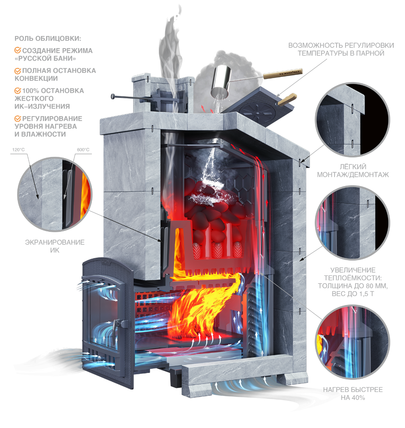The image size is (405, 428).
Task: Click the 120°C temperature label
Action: (18, 150)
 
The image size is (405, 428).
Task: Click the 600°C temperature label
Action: (83, 150)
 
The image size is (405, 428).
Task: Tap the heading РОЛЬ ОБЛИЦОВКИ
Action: (48, 38)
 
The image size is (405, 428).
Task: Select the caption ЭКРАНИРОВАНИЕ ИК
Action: (55, 246)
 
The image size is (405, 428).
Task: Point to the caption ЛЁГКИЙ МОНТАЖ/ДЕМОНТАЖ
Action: (353, 171)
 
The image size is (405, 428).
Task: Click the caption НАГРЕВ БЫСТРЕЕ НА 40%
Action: (353, 393)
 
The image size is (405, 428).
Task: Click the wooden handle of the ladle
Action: (283, 74)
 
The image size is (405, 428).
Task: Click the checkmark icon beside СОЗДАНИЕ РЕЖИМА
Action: (18, 50)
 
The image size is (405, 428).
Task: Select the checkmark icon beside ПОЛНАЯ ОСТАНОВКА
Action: (18, 71)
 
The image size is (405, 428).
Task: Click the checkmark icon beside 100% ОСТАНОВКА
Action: (18, 91)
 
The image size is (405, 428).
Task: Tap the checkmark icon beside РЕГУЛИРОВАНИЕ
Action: (18, 119)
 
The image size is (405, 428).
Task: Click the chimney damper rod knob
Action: (113, 96)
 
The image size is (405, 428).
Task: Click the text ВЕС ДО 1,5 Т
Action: (353, 294)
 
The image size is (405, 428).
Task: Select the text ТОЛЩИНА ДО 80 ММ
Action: (353, 286)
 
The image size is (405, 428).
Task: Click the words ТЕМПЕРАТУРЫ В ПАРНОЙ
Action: (341, 53)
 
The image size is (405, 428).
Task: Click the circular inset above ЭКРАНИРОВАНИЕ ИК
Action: (55, 194)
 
